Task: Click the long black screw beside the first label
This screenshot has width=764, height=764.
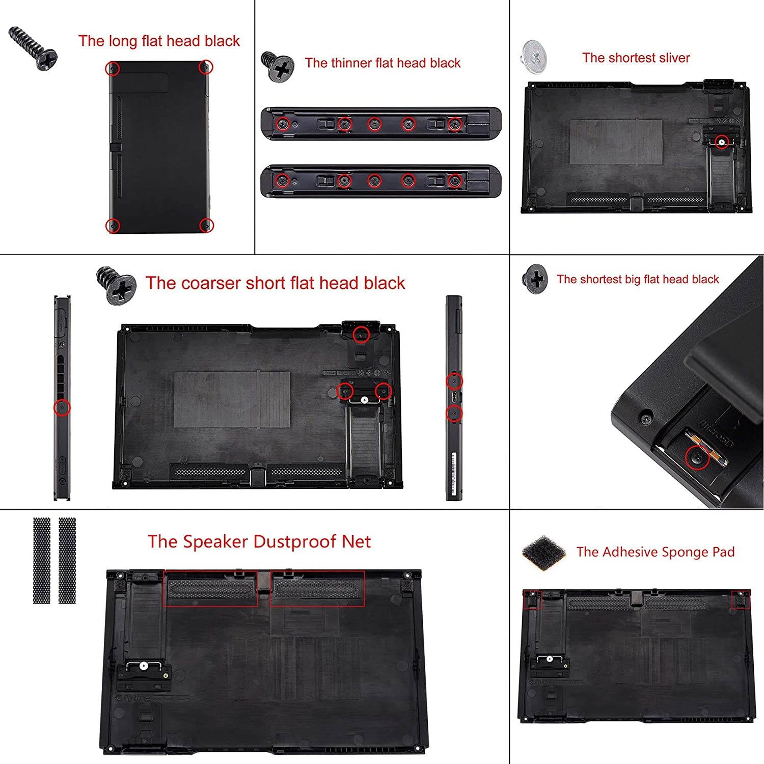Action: click(x=33, y=48)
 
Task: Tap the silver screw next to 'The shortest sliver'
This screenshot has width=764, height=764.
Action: click(x=534, y=54)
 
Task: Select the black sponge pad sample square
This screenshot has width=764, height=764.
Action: click(x=544, y=552)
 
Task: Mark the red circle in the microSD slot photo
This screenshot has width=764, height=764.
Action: click(x=697, y=457)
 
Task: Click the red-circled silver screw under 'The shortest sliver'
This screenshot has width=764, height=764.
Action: click(x=721, y=142)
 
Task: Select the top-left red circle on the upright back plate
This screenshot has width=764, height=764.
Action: click(x=112, y=68)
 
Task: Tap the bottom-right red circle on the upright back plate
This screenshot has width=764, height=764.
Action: click(x=206, y=225)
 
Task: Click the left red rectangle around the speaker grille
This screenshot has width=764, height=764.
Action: click(x=211, y=589)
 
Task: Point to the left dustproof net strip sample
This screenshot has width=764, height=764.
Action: click(x=42, y=561)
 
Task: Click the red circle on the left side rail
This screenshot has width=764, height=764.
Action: click(x=62, y=407)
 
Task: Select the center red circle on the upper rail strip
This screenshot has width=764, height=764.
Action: click(x=375, y=124)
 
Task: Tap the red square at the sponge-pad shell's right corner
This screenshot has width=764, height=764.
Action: click(x=741, y=599)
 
